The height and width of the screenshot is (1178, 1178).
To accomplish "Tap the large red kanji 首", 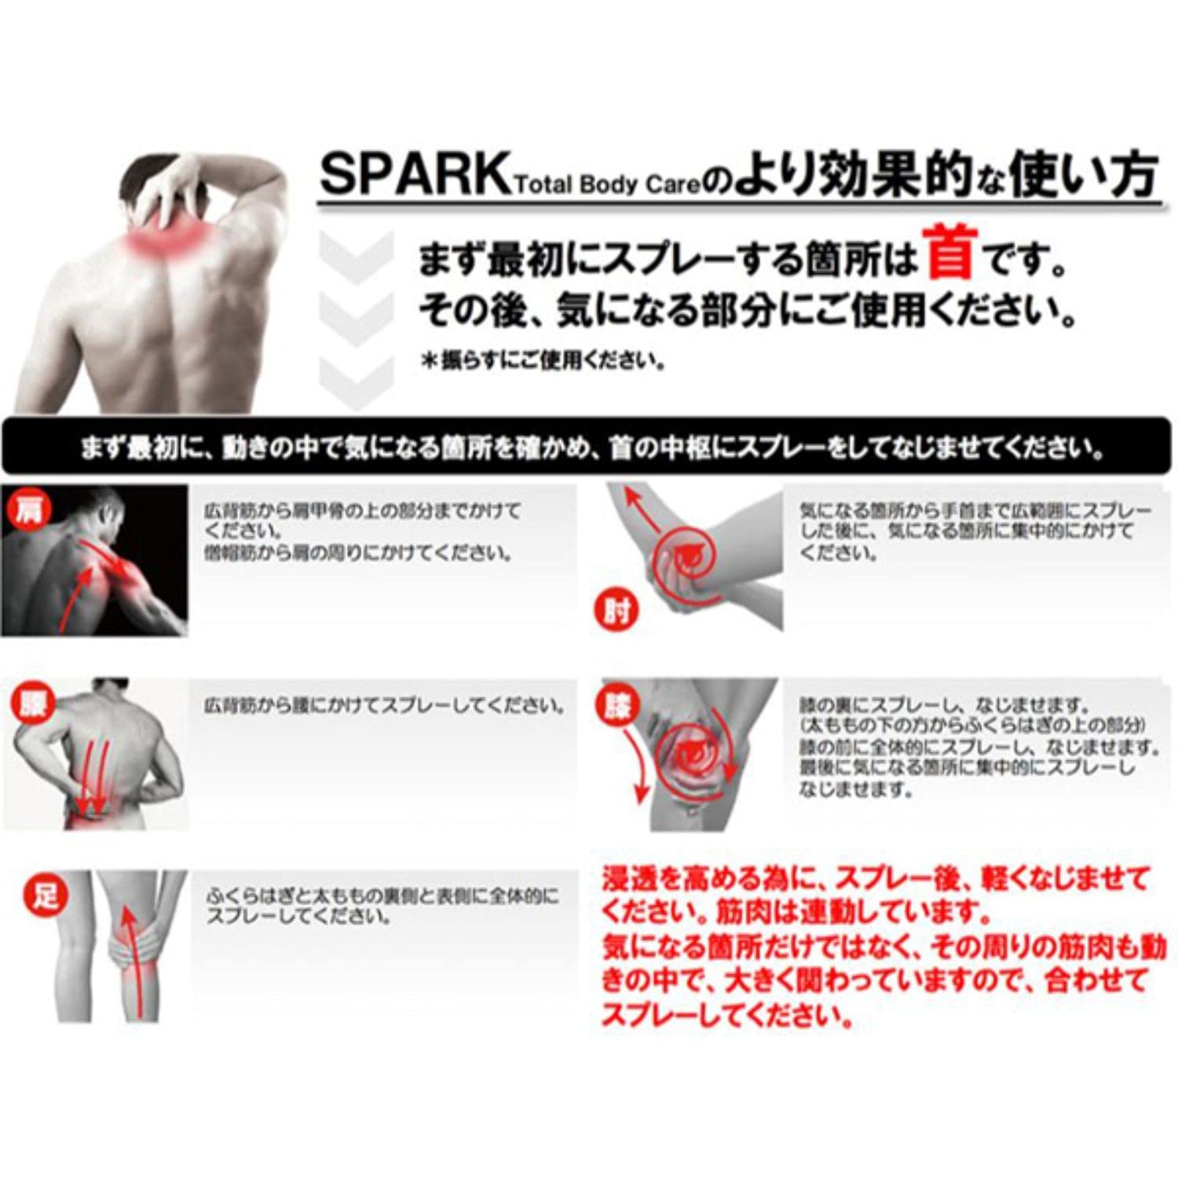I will pyautogui.click(x=951, y=253).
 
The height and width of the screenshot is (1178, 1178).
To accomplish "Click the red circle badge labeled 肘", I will pyautogui.click(x=616, y=610).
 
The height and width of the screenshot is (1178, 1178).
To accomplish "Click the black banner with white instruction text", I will pyautogui.click(x=589, y=448).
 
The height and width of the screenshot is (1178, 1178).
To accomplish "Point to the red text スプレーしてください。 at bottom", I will pyautogui.click(x=726, y=1016).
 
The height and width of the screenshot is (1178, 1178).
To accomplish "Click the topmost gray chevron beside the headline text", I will pyautogui.click(x=357, y=255).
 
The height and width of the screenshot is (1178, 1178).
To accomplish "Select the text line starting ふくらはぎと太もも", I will pyautogui.click(x=382, y=896).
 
